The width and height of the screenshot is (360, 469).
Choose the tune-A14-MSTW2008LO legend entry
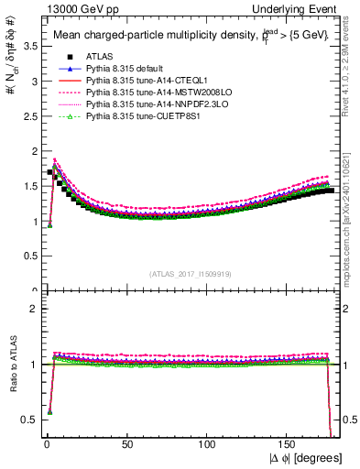click(147, 93)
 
